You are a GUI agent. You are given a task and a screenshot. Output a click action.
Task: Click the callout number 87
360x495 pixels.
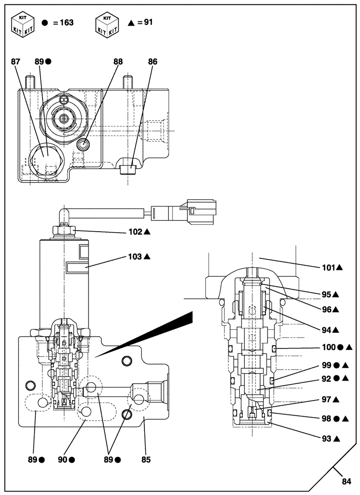(x=16, y=62)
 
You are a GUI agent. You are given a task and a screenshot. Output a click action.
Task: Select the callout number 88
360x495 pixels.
(x=118, y=62)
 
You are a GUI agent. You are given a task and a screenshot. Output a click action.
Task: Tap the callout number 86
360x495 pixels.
(x=153, y=62)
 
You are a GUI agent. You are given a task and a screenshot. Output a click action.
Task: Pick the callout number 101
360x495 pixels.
(x=326, y=268)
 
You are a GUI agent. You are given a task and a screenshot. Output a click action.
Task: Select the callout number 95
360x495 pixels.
(x=326, y=294)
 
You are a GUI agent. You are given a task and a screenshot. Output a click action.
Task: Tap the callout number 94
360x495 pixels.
(x=326, y=329)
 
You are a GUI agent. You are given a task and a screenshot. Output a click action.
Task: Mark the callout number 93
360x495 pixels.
(x=326, y=438)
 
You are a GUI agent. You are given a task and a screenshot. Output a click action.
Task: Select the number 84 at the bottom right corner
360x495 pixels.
(x=346, y=481)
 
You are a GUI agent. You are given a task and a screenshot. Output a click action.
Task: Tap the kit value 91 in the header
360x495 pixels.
(x=147, y=23)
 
